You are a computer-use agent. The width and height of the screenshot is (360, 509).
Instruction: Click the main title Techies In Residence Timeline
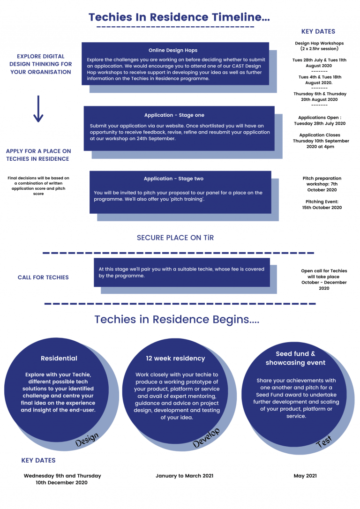click(x=179, y=18)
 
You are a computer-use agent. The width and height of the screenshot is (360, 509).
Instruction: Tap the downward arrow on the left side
click(x=38, y=109)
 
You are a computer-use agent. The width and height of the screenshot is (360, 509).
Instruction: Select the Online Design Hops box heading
click(x=173, y=50)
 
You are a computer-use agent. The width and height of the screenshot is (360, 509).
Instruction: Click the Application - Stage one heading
click(x=174, y=115)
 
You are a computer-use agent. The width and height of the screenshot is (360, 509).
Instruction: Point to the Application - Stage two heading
click(x=173, y=179)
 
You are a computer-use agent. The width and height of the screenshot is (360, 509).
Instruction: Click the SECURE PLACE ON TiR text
click(x=175, y=238)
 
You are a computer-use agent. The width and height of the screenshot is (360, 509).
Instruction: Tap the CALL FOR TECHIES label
click(x=43, y=277)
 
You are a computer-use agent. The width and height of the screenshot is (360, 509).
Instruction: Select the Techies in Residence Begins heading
click(x=177, y=320)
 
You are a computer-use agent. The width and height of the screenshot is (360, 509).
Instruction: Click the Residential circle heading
click(x=59, y=358)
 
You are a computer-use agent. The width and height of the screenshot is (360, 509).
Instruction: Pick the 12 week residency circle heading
click(x=175, y=358)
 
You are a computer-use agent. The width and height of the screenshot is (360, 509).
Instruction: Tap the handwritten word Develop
click(x=206, y=438)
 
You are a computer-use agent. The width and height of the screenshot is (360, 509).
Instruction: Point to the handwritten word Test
click(x=324, y=441)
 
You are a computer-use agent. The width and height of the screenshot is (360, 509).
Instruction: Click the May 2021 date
click(x=305, y=476)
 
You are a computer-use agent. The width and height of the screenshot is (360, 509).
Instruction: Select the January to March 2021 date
click(x=184, y=476)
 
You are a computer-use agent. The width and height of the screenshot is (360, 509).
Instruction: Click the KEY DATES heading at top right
click(x=318, y=31)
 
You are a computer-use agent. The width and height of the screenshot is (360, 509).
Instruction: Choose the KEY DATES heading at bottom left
click(x=38, y=460)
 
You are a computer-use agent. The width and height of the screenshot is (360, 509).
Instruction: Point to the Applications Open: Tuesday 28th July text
click(x=320, y=120)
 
